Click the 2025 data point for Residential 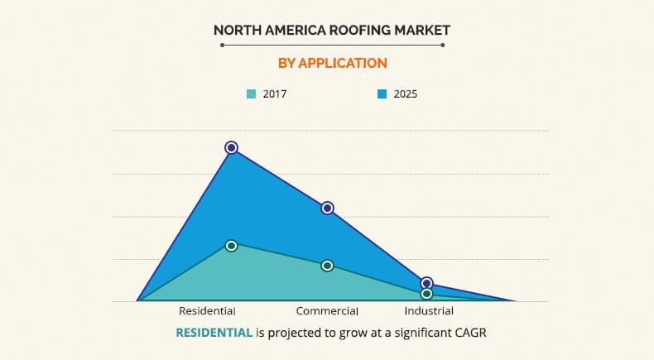232,147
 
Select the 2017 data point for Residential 232,246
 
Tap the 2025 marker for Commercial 327,208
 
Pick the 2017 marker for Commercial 327,266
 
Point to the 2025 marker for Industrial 426,284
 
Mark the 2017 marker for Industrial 426,294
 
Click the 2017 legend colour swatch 252,94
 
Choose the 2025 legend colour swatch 382,94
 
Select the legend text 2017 275,94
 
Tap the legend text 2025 406,94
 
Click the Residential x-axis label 207,311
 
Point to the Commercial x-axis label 327,311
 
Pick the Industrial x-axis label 429,311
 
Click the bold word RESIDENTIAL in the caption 214,333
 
